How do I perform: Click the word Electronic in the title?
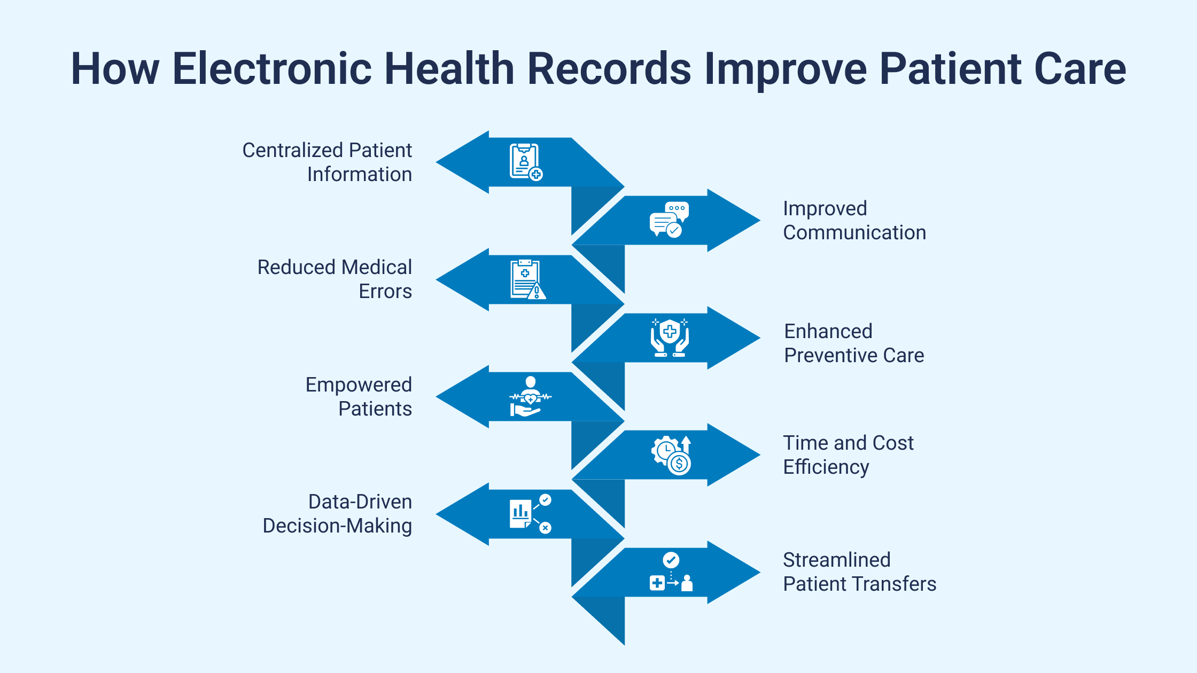click(272, 68)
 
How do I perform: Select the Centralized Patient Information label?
click(327, 162)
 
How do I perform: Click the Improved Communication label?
click(854, 220)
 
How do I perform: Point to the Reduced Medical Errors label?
click(335, 279)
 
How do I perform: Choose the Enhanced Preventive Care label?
click(854, 343)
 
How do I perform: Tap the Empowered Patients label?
click(359, 396)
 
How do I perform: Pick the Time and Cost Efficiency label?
click(848, 455)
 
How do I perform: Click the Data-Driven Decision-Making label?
click(337, 513)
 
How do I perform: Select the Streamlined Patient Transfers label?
click(859, 572)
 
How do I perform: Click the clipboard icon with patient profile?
click(526, 162)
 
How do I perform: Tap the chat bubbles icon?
click(669, 220)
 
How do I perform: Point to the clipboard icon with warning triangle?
click(527, 279)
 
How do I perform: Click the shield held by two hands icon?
click(670, 338)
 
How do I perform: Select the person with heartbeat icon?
click(530, 396)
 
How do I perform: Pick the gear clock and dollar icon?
click(672, 455)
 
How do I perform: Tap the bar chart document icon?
click(530, 513)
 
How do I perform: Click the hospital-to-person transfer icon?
click(671, 572)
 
